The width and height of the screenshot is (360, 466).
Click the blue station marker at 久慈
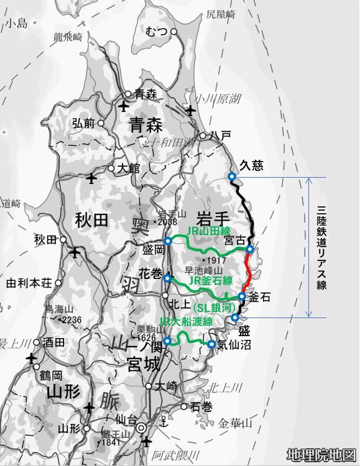coord(232,177)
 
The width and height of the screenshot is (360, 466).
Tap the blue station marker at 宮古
coord(250,249)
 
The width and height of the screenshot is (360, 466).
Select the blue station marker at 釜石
coord(242,297)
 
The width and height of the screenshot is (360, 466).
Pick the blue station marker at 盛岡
coord(168,241)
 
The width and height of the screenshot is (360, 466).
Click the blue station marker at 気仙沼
coord(212,344)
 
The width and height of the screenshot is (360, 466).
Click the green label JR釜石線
coord(210,280)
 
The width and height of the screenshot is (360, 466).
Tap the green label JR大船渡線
coord(186,322)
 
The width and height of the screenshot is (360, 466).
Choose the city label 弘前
coord(84,123)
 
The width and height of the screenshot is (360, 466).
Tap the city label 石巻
coord(201,407)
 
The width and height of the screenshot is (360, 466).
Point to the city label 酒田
coord(54,342)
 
